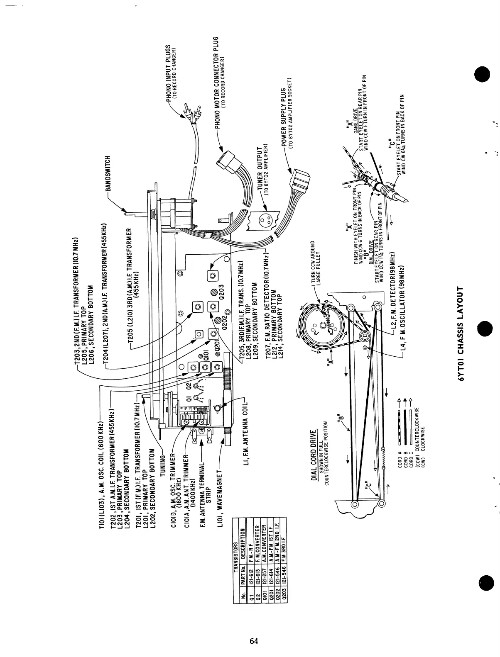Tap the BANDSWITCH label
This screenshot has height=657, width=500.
[x=108, y=174]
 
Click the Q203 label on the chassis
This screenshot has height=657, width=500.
[x=221, y=292]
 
